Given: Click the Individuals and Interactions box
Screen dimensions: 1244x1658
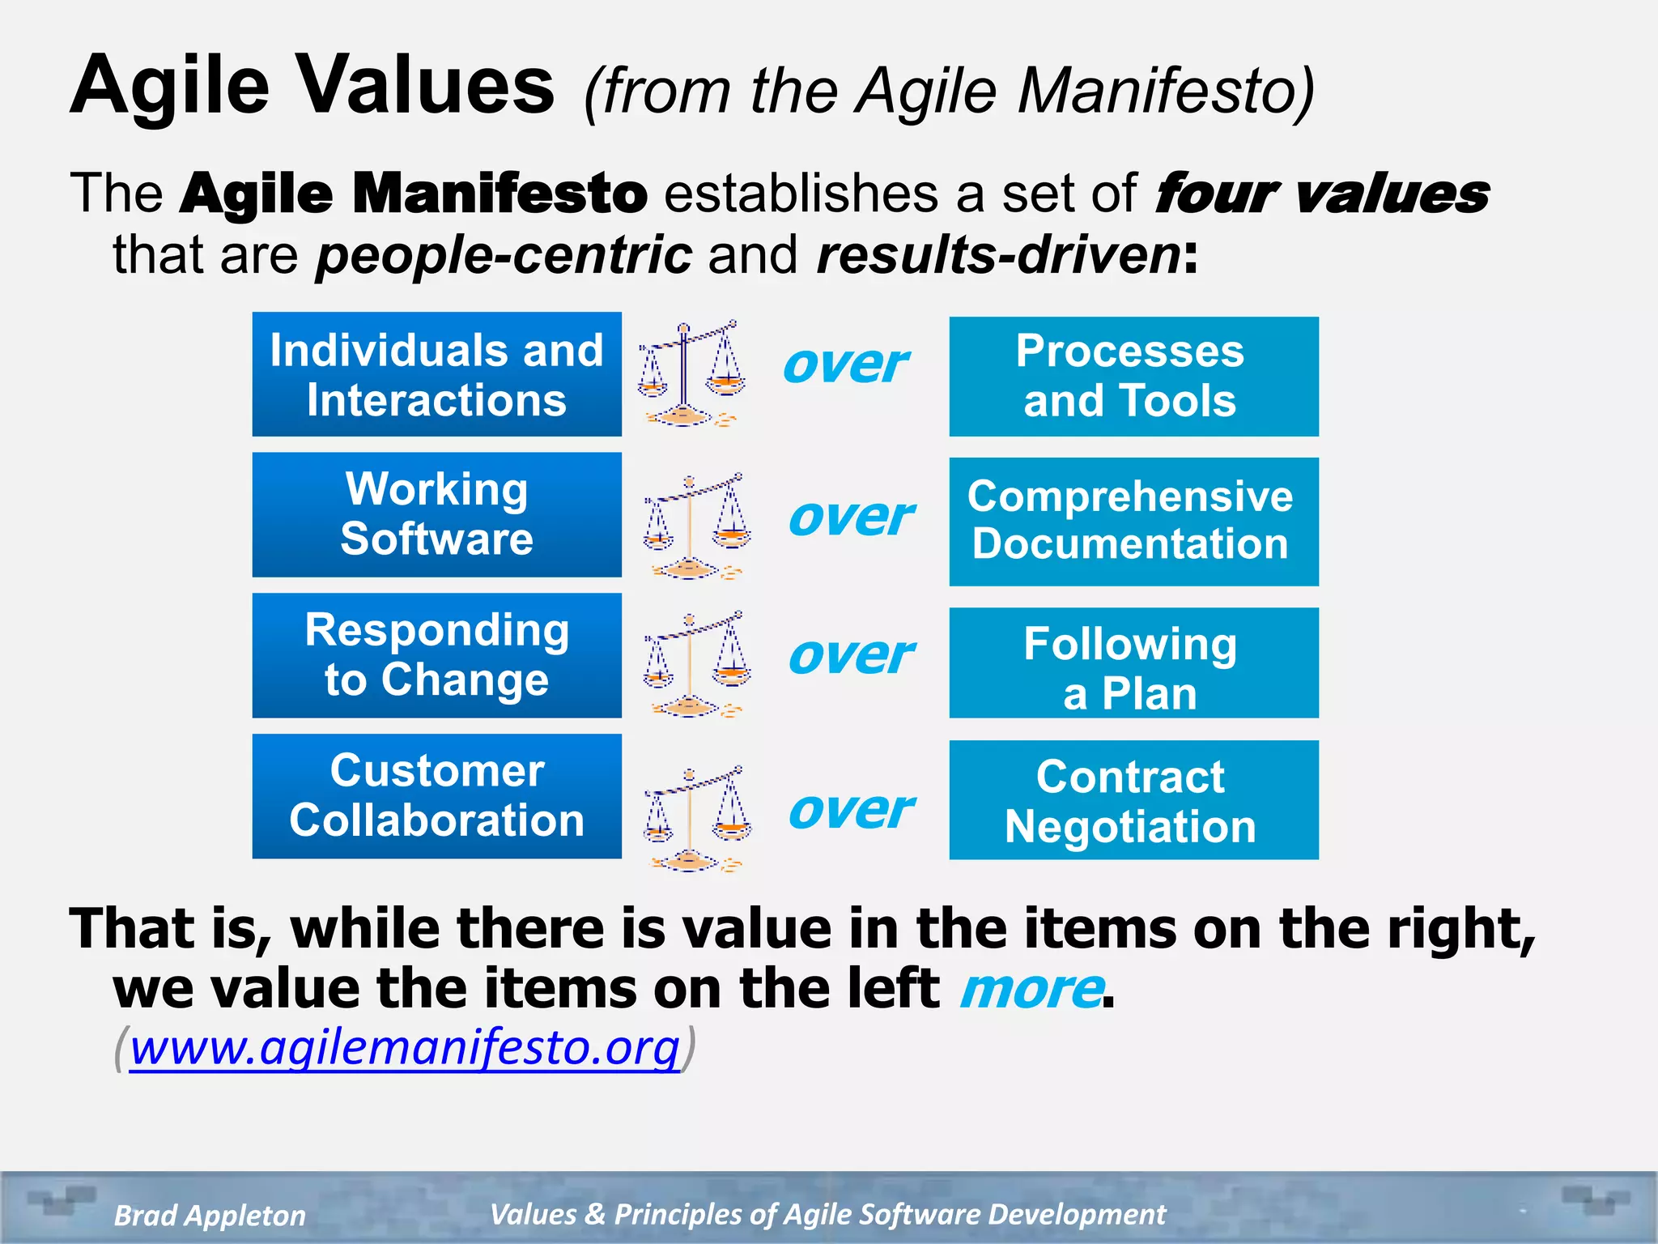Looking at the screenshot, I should point(436,374).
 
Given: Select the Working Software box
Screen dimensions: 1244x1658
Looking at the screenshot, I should point(436,514).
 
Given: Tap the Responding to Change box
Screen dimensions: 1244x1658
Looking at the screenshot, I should point(436,655).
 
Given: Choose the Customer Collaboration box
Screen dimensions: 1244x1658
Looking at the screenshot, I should point(436,796).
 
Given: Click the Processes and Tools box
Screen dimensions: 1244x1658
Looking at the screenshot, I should point(1133,377).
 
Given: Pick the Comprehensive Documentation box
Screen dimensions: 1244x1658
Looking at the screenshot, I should point(1133,521).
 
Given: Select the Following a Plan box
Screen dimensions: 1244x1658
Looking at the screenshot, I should point(1133,662).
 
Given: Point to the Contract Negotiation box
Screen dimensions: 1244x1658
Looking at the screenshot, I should point(1133,799).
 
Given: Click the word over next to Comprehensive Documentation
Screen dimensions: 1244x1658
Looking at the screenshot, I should point(852,518).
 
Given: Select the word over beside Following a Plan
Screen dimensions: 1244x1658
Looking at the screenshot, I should point(852,656).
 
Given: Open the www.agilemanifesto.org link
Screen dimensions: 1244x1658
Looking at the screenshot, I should point(404,1049).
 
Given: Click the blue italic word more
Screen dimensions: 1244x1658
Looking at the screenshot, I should point(1031,991).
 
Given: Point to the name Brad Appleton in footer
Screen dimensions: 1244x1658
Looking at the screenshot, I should point(210,1216).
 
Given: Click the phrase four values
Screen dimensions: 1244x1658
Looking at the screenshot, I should point(1321,194).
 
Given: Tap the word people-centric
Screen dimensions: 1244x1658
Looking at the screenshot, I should point(504,256).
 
